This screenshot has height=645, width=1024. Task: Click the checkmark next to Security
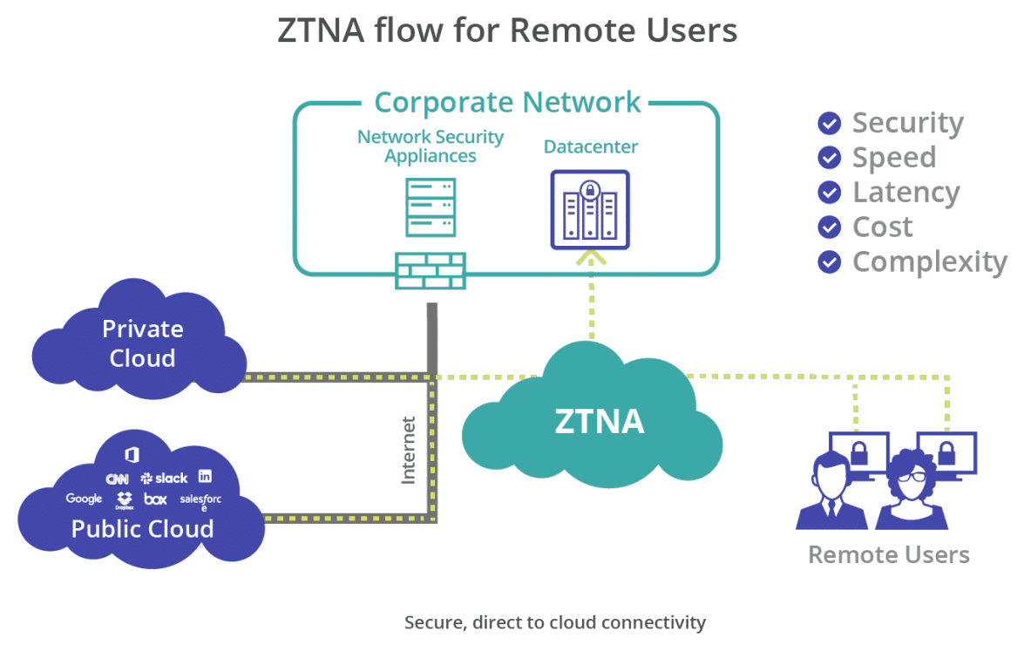tap(830, 123)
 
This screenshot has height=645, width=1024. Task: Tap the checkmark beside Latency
tap(830, 192)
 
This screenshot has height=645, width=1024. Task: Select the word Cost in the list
tap(883, 227)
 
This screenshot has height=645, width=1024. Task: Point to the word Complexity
tap(929, 261)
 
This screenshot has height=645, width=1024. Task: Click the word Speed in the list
tap(894, 158)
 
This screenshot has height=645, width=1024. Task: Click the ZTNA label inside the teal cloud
tap(600, 422)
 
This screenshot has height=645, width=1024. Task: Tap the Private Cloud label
tap(142, 343)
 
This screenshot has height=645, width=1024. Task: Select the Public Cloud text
tap(142, 528)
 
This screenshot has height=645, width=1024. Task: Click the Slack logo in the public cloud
tap(164, 479)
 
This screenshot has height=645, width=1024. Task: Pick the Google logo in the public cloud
tap(84, 499)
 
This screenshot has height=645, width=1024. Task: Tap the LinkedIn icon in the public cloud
tap(205, 476)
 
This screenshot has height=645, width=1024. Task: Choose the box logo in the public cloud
tap(155, 499)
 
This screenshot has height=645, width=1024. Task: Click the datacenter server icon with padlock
tap(590, 209)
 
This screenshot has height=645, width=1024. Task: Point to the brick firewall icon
tap(430, 270)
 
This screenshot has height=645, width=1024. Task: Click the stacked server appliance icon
tap(431, 207)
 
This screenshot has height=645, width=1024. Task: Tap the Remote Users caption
tap(888, 554)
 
